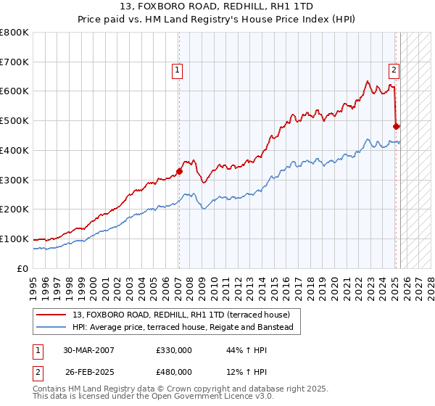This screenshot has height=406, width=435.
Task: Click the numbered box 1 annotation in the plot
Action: point(177,70)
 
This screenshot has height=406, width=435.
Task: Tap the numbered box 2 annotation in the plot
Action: point(394,70)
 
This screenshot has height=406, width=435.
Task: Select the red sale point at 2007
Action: point(179,171)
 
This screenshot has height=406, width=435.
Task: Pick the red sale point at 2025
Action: point(396,126)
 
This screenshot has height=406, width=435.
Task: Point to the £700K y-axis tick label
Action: point(14,62)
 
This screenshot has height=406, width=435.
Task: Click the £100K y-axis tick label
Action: point(14,239)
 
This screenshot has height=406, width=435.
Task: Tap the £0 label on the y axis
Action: point(22,268)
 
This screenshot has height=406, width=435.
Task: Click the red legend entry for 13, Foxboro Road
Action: point(181,315)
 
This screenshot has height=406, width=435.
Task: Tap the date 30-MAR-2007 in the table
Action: point(89,351)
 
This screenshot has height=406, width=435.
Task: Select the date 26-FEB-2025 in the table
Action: point(89,371)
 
